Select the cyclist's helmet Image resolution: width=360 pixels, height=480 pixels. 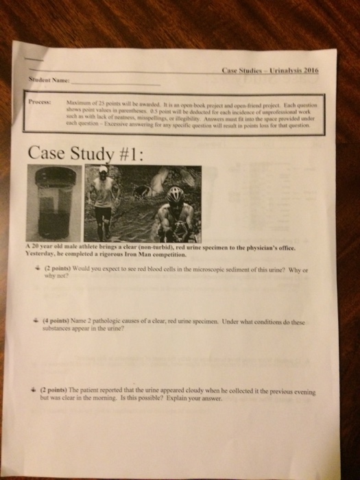click(175, 194)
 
